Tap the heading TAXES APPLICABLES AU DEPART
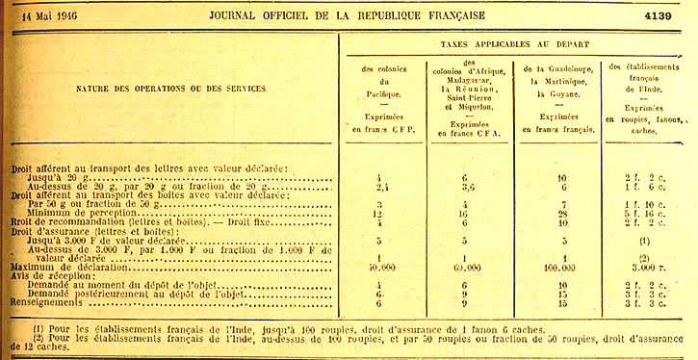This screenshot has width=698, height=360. [515, 44]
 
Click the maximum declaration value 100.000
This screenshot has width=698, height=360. [560, 267]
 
